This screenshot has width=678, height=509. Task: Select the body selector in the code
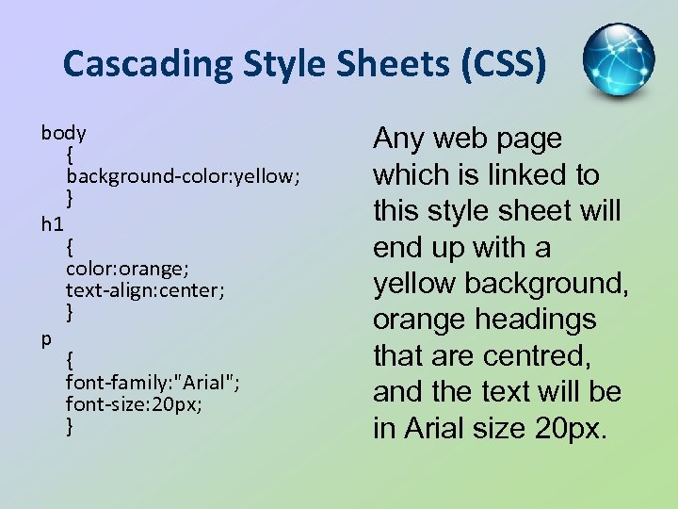point(64,132)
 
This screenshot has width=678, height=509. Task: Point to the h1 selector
point(53,224)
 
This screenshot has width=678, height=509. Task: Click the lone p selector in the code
point(46,337)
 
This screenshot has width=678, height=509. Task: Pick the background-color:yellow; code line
point(183,176)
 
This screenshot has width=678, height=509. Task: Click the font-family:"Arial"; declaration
point(153,382)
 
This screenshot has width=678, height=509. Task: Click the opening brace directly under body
point(71,154)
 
